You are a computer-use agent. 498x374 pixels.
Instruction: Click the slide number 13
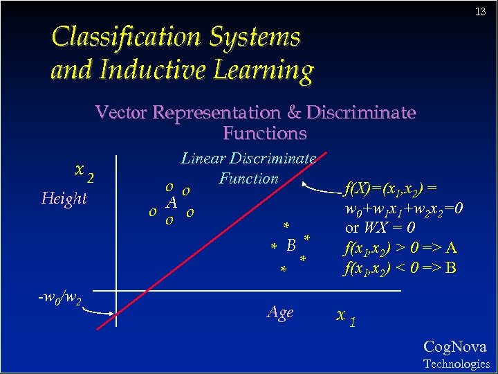pyautogui.click(x=481, y=12)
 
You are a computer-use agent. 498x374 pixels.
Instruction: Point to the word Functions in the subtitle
pyautogui.click(x=264, y=132)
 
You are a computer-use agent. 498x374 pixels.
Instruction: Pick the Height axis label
pyautogui.click(x=64, y=199)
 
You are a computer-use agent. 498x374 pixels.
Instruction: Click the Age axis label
pyautogui.click(x=280, y=313)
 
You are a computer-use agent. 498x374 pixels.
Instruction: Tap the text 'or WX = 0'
pyautogui.click(x=380, y=228)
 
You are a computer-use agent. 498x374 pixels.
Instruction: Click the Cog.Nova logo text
pyautogui.click(x=454, y=347)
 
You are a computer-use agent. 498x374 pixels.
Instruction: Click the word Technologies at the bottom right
pyautogui.click(x=456, y=364)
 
